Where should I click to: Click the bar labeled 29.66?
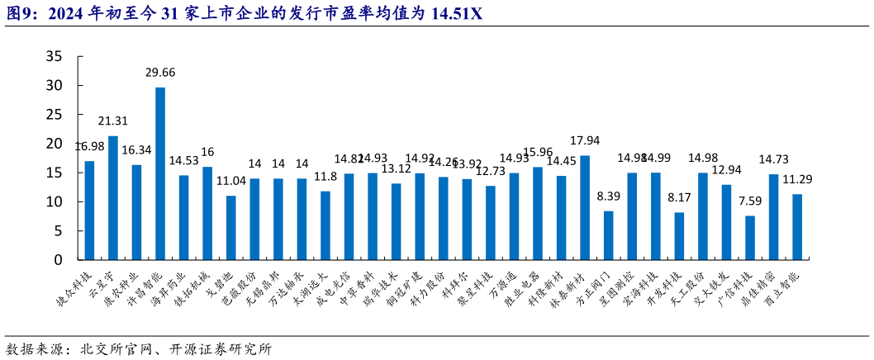coord(160,173)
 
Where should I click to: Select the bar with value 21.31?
coord(113,198)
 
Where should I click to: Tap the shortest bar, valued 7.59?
coord(750,238)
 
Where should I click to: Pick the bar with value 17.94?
coord(585,207)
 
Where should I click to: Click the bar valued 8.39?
coord(609,235)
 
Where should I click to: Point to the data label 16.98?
coord(89,146)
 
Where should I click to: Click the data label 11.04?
coord(231,181)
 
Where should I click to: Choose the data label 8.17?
coord(679,197)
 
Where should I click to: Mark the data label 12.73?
coord(491,171)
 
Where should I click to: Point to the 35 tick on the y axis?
coord(54,57)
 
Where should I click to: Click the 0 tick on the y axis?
coord(59,260)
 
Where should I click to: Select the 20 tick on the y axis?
coord(54,144)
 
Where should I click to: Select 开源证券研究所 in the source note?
coord(230,349)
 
